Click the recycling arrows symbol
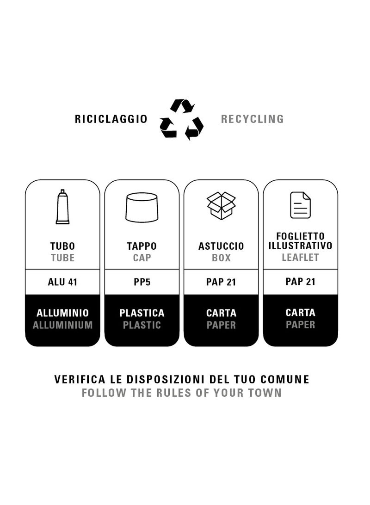(x=181, y=119)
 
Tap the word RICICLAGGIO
(x=111, y=119)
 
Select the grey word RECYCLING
(x=253, y=119)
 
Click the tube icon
(x=62, y=207)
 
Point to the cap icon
(x=142, y=207)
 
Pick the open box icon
(x=221, y=205)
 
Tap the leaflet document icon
(x=301, y=205)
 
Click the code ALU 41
(x=62, y=282)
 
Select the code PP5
(x=142, y=282)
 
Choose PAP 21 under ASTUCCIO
(x=221, y=282)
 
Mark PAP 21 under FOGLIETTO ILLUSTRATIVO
(x=301, y=282)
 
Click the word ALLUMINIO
(x=62, y=313)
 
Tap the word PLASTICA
(x=142, y=313)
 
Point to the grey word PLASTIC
(x=142, y=325)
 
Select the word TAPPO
(x=142, y=246)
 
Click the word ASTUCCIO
(x=221, y=246)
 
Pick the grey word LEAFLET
(x=301, y=257)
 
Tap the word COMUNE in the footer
(x=284, y=379)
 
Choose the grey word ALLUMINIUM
(x=62, y=325)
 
